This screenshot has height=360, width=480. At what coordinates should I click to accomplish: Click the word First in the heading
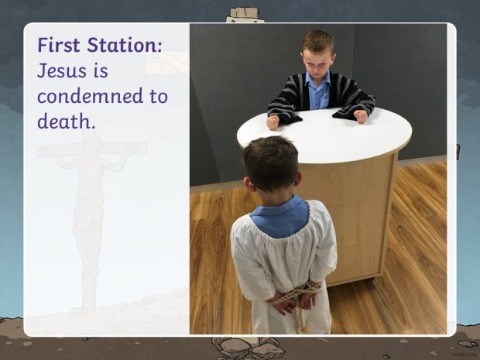59,45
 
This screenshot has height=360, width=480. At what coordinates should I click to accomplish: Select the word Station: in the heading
125,45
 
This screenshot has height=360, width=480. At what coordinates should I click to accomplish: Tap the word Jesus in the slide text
62,70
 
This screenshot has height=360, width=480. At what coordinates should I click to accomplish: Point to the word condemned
91,96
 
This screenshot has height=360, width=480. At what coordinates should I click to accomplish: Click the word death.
66,122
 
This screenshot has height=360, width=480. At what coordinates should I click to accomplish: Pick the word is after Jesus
101,70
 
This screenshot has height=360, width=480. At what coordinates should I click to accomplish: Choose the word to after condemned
159,96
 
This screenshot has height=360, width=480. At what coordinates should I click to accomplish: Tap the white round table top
324,135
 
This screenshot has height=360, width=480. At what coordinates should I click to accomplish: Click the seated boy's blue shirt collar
318,81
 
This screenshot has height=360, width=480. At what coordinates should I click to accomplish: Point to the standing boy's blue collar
280,217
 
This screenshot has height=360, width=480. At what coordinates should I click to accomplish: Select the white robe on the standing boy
283,266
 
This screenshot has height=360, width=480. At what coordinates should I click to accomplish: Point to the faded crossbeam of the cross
92,149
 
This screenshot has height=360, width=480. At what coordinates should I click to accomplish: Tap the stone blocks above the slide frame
245,13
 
